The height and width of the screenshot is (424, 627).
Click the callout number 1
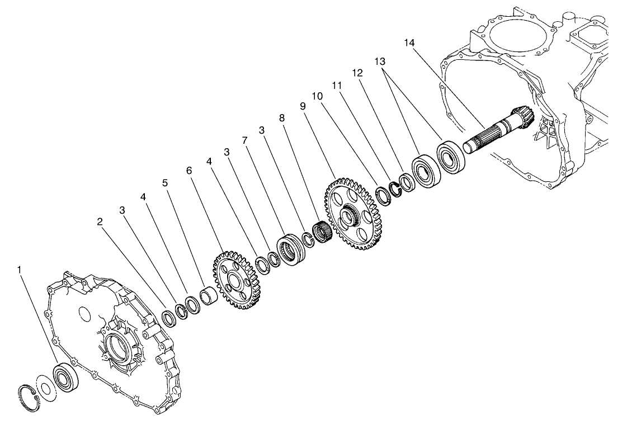point(20,270)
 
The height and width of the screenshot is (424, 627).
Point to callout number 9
point(303,106)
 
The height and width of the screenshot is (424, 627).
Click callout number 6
point(190,170)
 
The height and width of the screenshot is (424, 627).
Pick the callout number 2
point(100,222)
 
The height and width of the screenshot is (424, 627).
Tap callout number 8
point(281,119)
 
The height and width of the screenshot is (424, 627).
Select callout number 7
point(245,140)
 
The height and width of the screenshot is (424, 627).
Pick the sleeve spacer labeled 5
point(209,295)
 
